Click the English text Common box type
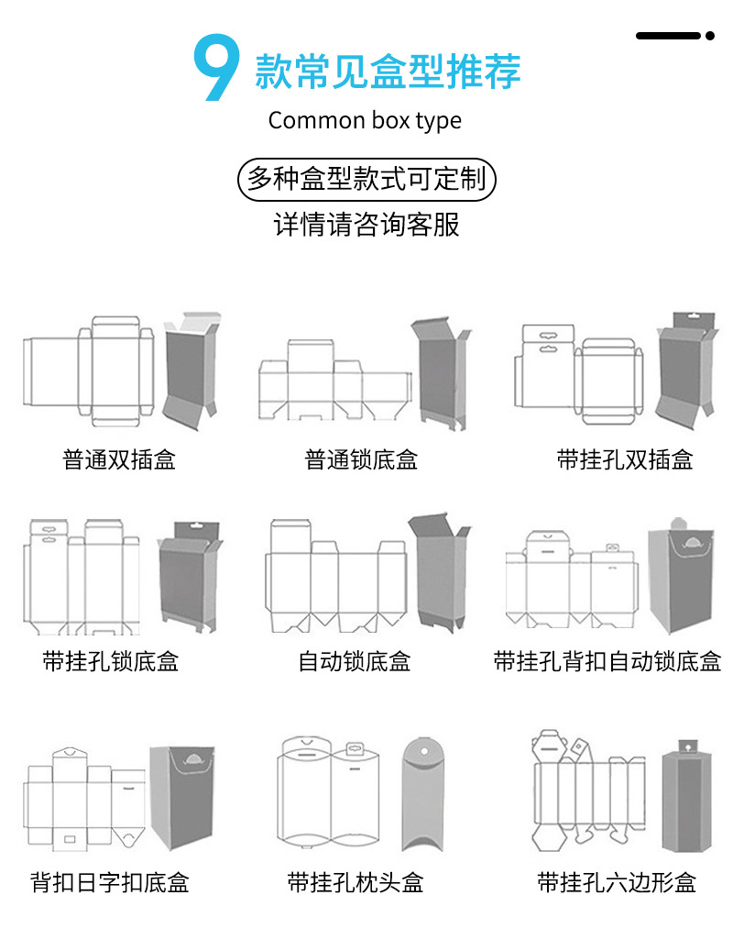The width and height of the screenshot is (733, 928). coord(365,120)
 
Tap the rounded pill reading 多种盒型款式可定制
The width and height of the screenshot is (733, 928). coord(366,179)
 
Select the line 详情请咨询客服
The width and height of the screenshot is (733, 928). coord(366,225)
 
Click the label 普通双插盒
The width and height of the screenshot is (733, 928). coord(119,459)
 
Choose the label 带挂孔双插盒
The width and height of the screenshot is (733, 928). coord(625,459)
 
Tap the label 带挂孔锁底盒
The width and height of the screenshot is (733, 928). coord(110,660)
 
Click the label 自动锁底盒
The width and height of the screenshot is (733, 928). coord(355,660)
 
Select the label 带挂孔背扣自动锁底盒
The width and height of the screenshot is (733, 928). coord(607,660)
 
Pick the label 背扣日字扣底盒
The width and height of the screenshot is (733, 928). coord(110,883)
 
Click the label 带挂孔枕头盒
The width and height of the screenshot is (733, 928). coord(356,883)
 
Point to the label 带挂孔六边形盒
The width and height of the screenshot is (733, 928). coord(617,883)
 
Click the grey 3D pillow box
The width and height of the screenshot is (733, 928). coord(426,793)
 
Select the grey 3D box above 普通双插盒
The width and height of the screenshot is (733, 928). coord(191,371)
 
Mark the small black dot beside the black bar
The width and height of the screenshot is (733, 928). coord(709,36)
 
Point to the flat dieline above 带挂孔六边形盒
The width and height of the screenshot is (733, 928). coord(587,791)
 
